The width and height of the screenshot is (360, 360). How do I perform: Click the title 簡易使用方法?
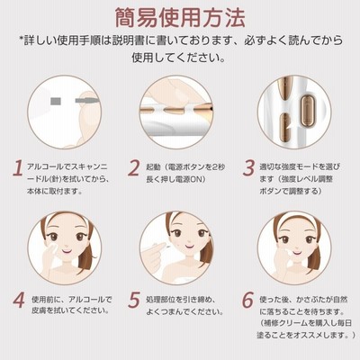(x=180, y=17)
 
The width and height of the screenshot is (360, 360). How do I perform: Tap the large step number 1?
(x=18, y=168)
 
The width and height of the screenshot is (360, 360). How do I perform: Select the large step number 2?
(x=134, y=168)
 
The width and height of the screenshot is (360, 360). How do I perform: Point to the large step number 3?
(x=248, y=168)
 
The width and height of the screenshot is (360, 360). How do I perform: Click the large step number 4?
(x=19, y=300)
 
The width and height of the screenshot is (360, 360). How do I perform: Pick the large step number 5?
(x=134, y=300)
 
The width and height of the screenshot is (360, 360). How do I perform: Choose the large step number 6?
(x=248, y=300)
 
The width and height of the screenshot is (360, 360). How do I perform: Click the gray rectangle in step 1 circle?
(x=56, y=102)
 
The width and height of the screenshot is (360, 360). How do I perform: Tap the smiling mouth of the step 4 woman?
(x=67, y=250)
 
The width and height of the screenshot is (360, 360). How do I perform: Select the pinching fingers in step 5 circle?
(x=156, y=251)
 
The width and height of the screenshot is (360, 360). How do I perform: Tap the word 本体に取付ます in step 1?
(x=54, y=191)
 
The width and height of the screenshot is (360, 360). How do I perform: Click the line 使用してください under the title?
(x=178, y=57)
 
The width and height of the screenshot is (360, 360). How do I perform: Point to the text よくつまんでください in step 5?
(x=184, y=311)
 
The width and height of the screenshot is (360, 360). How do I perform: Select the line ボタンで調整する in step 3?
(x=291, y=191)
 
